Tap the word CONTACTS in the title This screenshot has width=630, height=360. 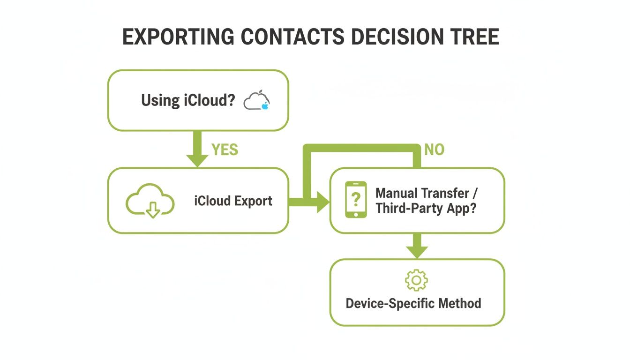pyautogui.click(x=293, y=37)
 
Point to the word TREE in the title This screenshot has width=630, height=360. pyautogui.click(x=475, y=37)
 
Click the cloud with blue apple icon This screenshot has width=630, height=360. pyautogui.click(x=257, y=101)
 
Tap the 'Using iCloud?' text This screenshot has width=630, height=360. pyautogui.click(x=187, y=100)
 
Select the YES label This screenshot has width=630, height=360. pyautogui.click(x=225, y=150)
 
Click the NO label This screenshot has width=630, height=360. pyautogui.click(x=434, y=150)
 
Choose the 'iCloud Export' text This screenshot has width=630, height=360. pyautogui.click(x=233, y=201)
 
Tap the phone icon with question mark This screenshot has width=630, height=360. pyautogui.click(x=356, y=200)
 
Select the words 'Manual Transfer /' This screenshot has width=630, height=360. pyautogui.click(x=427, y=193)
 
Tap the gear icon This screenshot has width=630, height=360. pyautogui.click(x=416, y=280)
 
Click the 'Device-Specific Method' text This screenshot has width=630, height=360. pyautogui.click(x=413, y=303)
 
